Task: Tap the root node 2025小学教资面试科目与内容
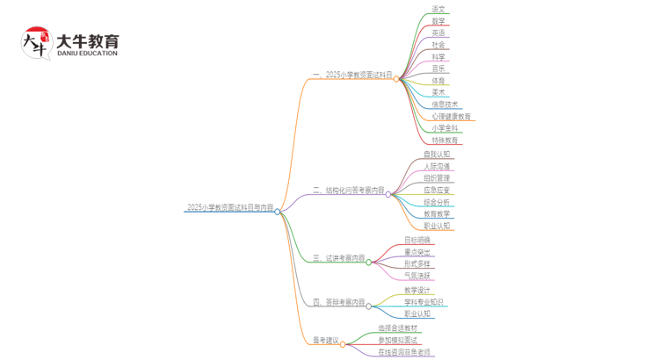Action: click(229, 208)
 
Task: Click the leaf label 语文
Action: click(438, 10)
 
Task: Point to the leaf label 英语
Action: click(438, 33)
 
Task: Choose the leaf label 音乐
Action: click(438, 68)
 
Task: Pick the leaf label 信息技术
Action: click(445, 104)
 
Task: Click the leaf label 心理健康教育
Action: click(452, 117)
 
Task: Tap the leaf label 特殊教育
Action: click(445, 140)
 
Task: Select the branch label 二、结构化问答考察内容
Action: click(348, 191)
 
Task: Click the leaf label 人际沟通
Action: click(437, 167)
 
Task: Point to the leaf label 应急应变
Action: click(437, 191)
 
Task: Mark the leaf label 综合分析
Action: click(437, 203)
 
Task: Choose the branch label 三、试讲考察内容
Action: click(338, 258)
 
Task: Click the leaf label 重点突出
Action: click(417, 252)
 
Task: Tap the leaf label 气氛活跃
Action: click(417, 276)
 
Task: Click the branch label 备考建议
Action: click(325, 341)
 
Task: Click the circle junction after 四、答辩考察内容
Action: click(369, 306)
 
